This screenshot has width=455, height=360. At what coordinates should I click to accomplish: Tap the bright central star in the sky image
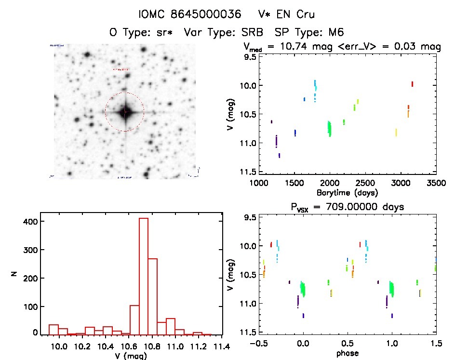pos(125,112)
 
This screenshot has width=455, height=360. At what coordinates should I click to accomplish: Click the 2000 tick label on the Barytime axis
pos(330,183)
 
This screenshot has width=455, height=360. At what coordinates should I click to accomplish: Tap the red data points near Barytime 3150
pos(413,84)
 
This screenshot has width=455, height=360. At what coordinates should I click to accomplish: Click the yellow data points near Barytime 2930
pos(396,132)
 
